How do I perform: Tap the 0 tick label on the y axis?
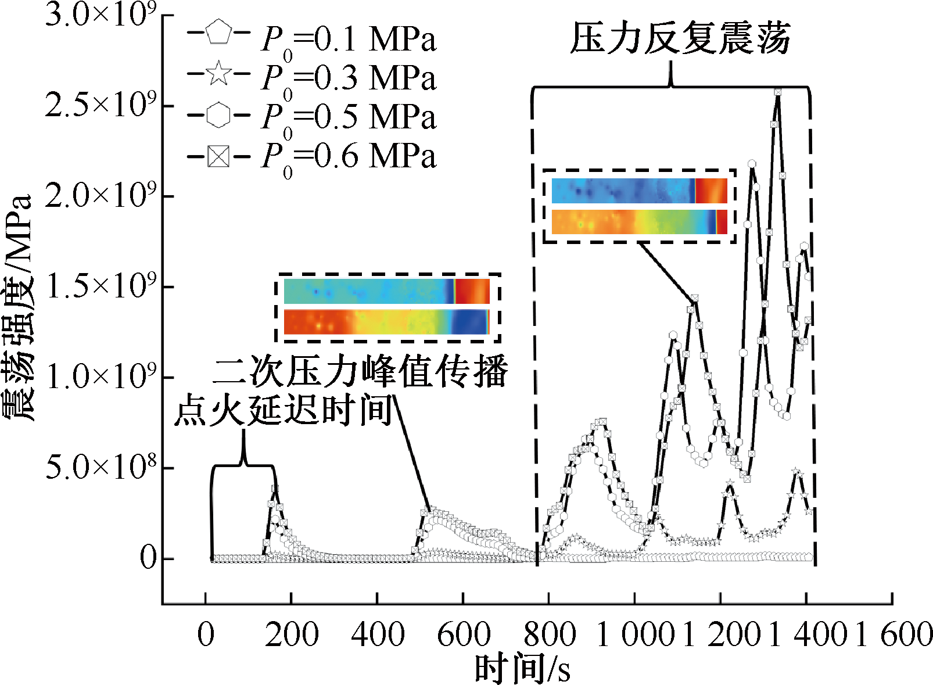coord(149,558)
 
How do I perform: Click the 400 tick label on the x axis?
coord(378,634)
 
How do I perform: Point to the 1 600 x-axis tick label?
coord(895,634)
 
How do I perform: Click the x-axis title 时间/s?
coord(522,669)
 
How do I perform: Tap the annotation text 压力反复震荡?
coord(680,39)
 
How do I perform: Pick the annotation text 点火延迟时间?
coord(285,410)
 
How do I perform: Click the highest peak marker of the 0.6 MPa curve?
coord(777,92)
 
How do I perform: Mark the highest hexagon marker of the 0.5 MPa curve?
coord(752,164)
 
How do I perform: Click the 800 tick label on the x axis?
coord(550,634)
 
